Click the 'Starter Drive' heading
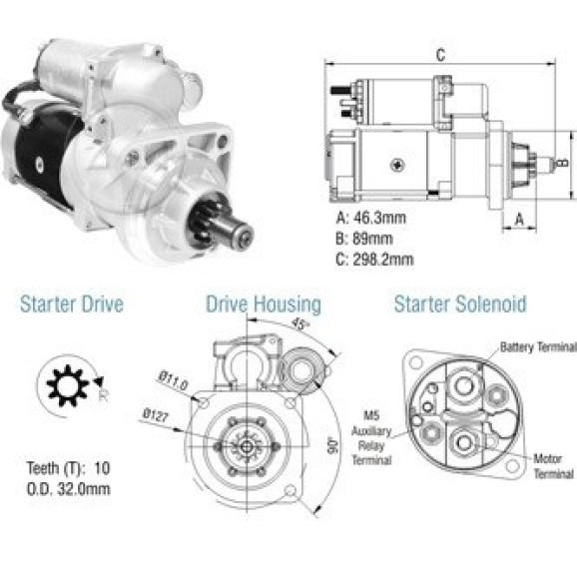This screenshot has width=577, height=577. click(x=72, y=303)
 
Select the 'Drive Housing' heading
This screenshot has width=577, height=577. click(x=264, y=304)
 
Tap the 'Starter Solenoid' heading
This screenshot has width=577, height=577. click(x=460, y=303)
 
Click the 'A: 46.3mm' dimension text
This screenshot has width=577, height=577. click(x=371, y=218)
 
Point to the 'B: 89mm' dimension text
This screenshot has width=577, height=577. click(x=364, y=239)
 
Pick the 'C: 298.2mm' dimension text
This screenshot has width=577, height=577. click(x=374, y=260)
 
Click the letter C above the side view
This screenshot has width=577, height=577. click(x=440, y=55)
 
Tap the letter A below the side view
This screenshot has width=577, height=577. click(x=519, y=220)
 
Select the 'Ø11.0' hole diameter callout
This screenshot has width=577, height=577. click(x=174, y=381)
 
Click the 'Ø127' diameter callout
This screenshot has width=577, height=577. click(x=156, y=415)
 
